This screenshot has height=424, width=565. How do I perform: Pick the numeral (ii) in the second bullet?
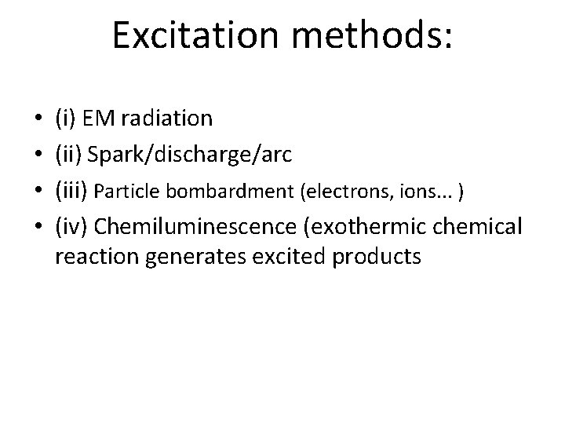tap(68, 155)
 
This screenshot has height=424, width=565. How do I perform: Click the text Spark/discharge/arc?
tap(190, 155)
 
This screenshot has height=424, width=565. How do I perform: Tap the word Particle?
tap(133, 191)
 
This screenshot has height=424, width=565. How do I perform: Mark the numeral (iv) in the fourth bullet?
tap(71, 228)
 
